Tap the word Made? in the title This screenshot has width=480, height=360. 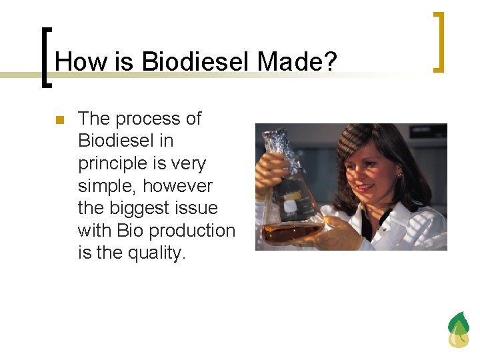point(297,62)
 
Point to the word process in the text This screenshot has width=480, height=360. point(148,119)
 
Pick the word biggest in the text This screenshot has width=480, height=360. point(141,208)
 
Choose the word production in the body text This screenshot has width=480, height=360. point(192,231)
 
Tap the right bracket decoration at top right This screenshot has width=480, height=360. point(438,41)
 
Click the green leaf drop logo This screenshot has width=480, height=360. point(458,330)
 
